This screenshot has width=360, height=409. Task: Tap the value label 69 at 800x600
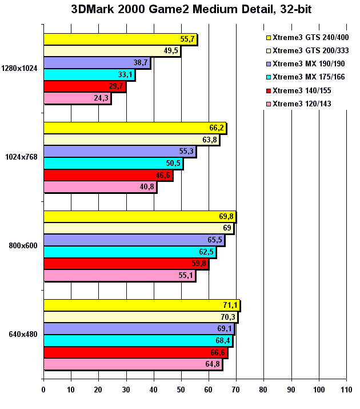227,228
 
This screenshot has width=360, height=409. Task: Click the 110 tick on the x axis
346,390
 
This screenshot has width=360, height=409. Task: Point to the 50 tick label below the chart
181,390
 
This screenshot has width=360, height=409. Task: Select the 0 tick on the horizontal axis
43,390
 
